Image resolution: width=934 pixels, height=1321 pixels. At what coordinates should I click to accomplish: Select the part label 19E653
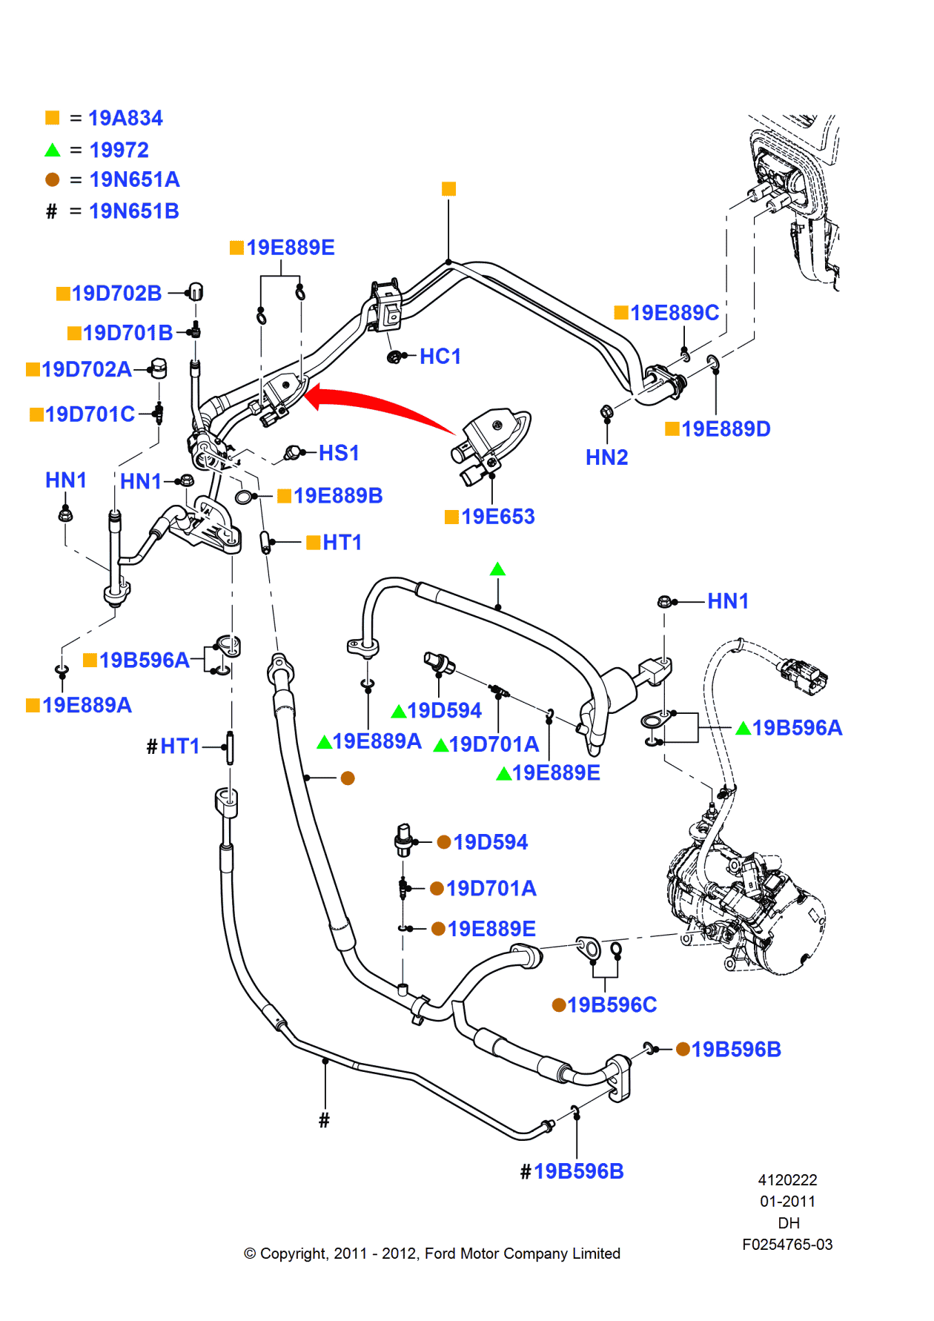point(497,517)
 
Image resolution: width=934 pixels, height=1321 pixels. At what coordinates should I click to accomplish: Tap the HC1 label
point(440,357)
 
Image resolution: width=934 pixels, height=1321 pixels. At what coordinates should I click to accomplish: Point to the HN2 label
point(606,457)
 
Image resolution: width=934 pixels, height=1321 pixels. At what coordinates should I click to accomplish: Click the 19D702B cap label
point(116,294)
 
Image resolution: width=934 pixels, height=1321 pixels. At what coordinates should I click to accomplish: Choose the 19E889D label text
point(726,429)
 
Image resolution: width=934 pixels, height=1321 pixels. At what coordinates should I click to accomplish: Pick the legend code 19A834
point(125,118)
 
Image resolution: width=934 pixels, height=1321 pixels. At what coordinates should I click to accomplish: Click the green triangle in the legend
point(53,150)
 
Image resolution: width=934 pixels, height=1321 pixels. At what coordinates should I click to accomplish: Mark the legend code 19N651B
point(134,211)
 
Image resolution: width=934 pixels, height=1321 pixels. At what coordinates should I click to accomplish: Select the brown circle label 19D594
point(490,842)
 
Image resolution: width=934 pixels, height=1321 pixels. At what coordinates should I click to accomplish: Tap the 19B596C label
point(612,1005)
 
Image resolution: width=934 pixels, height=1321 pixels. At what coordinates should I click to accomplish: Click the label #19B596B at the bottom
point(578,1171)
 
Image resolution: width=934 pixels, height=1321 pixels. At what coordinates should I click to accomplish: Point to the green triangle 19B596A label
point(797,728)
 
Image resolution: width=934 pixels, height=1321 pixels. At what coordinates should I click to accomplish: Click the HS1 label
point(339,453)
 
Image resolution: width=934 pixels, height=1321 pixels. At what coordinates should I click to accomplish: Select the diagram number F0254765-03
point(787,1245)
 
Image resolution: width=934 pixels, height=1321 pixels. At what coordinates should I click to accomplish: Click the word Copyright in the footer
point(294,1254)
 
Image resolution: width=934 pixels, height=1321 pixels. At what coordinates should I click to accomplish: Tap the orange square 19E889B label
point(337,496)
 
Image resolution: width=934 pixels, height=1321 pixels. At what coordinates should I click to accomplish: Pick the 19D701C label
point(90,414)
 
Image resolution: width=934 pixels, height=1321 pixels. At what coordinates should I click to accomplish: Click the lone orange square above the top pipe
point(448,189)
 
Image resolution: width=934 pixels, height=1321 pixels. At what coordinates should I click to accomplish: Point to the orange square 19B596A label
point(144,660)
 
